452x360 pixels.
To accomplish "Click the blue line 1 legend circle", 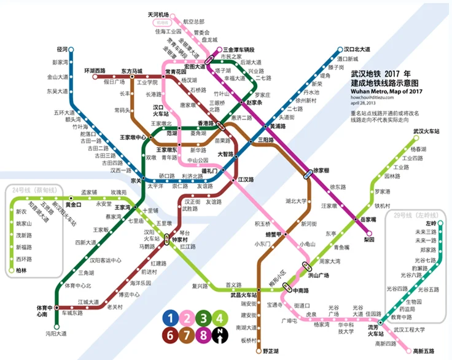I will pyautogui.click(x=169, y=318).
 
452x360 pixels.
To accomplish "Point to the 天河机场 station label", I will pyautogui.click(x=158, y=14).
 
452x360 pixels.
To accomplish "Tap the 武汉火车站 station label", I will pyautogui.click(x=426, y=131).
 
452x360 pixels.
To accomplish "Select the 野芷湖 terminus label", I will pyautogui.click(x=271, y=351).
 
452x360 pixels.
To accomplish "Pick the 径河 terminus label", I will pyautogui.click(x=61, y=49).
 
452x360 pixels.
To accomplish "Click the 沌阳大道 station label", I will pyautogui.click(x=56, y=334).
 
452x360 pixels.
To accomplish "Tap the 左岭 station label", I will pyautogui.click(x=430, y=223).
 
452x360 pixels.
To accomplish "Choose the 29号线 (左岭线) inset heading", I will pyautogui.click(x=411, y=216).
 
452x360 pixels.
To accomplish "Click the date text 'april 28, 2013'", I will pyautogui.click(x=366, y=103).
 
